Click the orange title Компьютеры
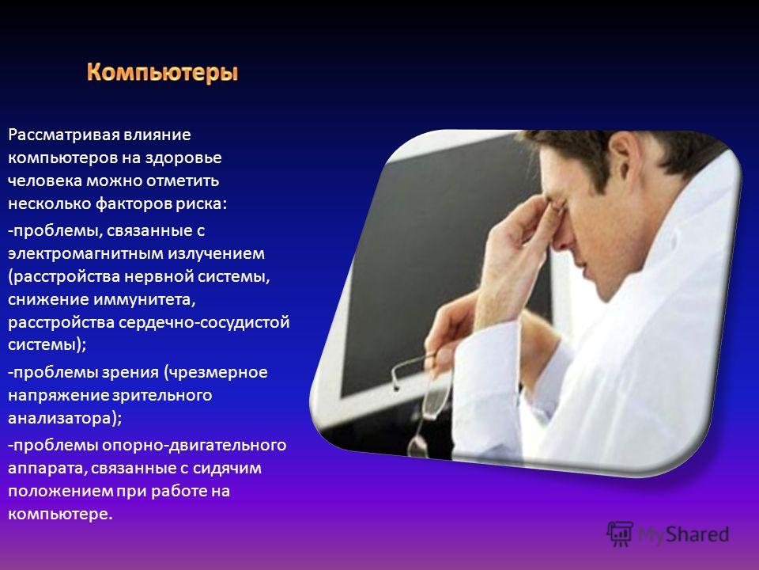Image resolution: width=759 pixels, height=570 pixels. [163, 73]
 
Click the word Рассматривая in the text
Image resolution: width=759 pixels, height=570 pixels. [63, 135]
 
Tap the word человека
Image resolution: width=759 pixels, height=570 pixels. [45, 180]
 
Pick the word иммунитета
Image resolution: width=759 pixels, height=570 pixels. [144, 299]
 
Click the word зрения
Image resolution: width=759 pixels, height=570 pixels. [130, 372]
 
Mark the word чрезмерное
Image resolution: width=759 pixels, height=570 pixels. [215, 372]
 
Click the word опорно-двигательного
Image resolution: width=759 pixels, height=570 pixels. [194, 445]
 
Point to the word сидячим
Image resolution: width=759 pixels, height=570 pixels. [227, 468]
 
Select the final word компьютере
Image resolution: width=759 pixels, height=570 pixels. [61, 514]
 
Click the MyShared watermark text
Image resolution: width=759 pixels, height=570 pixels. [683, 534]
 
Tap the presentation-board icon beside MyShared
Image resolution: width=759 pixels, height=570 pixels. [620, 534]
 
